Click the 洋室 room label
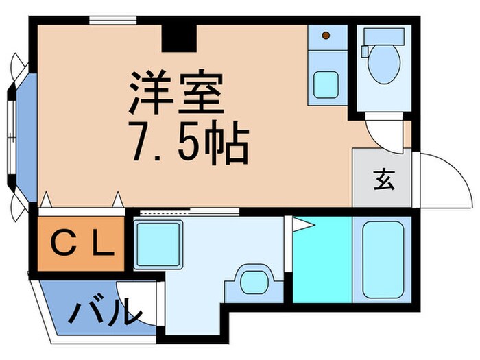point(176,94)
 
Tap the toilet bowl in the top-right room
point(383,65)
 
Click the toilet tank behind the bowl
point(383,36)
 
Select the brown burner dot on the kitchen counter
point(326,35)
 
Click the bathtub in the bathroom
point(383,259)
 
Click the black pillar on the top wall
point(180,38)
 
